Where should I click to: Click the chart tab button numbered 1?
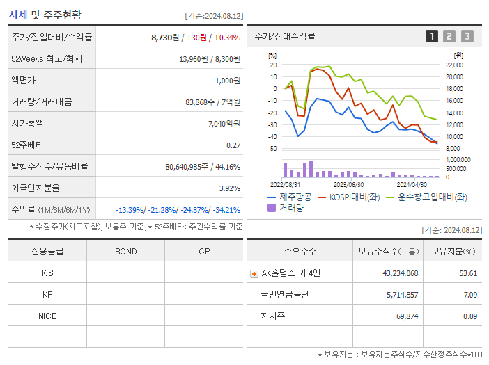[432, 36]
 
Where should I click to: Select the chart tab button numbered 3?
[467, 36]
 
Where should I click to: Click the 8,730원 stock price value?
[166, 38]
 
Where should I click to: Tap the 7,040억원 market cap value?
[224, 124]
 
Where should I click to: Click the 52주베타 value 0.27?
[233, 145]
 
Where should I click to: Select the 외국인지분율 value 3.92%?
[228, 188]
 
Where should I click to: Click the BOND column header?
[125, 252]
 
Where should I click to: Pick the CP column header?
[203, 252]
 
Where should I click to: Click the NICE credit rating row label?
[47, 316]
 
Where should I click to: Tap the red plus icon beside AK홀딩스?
[254, 273]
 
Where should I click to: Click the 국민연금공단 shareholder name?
[285, 295]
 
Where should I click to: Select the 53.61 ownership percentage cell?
[468, 273]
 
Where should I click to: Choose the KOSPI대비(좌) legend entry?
[348, 197]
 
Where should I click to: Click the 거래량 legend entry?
[290, 208]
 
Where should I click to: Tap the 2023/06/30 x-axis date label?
[348, 185]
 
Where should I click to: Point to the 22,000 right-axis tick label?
[453, 65]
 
